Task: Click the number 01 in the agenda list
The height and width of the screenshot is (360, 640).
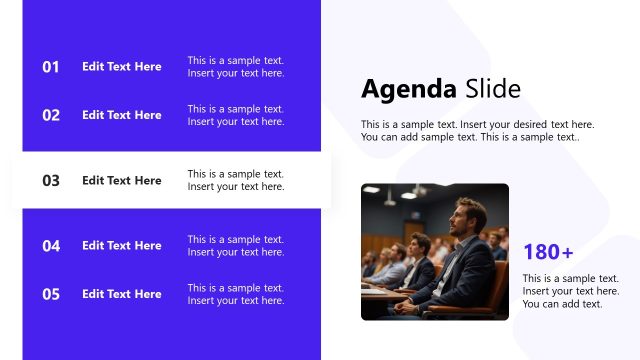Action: [51, 67]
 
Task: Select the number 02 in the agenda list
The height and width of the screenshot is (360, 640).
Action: [51, 115]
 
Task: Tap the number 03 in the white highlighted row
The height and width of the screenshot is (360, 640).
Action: [51, 181]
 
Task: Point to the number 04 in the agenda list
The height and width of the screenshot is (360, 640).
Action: [51, 246]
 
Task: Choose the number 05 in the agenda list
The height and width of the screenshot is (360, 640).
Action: [51, 294]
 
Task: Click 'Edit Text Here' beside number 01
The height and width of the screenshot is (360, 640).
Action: [121, 67]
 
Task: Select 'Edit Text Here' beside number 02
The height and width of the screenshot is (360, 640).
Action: [121, 115]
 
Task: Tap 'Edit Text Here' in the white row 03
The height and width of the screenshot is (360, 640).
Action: [121, 181]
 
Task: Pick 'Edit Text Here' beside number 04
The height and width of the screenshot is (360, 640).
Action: [121, 246]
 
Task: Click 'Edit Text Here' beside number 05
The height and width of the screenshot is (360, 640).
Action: [121, 294]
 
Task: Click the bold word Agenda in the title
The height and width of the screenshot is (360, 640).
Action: [409, 89]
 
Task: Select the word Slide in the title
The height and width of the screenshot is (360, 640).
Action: [493, 89]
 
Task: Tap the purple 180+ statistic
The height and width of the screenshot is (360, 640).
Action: [548, 253]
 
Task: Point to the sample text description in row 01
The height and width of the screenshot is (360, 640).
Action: [236, 67]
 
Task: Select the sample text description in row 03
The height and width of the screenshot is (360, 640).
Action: [236, 181]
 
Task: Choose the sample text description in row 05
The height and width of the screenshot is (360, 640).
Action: [236, 294]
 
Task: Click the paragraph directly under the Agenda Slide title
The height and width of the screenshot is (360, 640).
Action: [477, 131]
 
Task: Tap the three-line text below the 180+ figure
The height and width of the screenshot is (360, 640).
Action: [570, 291]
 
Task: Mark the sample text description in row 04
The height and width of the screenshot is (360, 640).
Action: [236, 246]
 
